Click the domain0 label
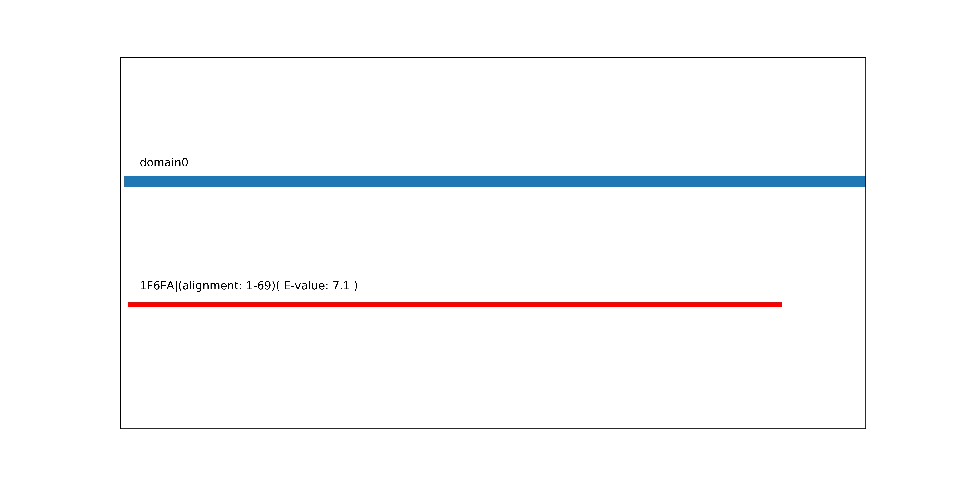coord(164,163)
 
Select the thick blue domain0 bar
coord(495,181)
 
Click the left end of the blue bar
coord(125,181)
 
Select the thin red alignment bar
coord(455,305)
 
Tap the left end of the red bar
coord(128,305)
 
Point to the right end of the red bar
coord(781,305)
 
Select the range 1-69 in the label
coord(258,286)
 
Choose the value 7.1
coord(341,286)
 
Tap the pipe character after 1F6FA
coord(176,286)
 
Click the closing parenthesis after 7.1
coord(356,286)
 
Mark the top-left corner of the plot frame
coord(120,58)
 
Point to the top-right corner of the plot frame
coord(866,58)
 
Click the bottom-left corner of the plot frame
coord(120,428)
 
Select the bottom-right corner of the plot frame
coord(866,428)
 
